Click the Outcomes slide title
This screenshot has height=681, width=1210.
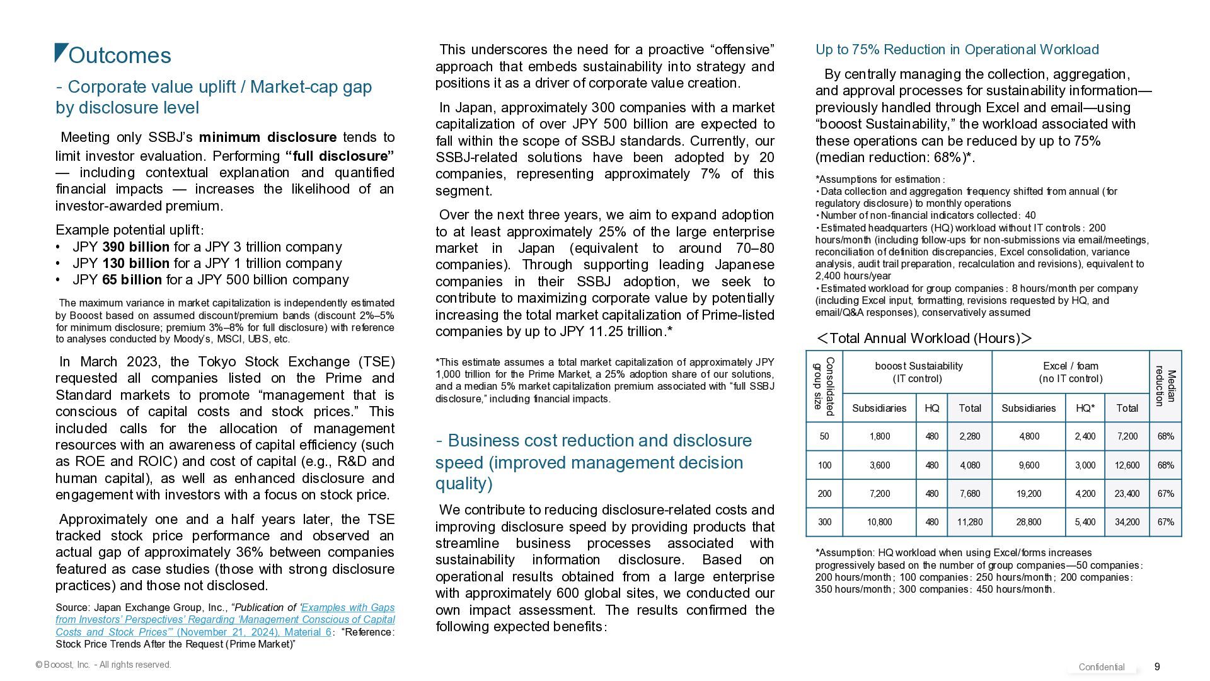click(120, 55)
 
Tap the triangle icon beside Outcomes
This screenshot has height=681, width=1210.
click(61, 52)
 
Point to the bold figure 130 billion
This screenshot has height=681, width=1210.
click(135, 263)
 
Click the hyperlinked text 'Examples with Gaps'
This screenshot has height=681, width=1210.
click(348, 607)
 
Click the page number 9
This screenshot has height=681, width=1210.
click(1157, 666)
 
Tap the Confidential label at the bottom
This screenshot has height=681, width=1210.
click(1101, 667)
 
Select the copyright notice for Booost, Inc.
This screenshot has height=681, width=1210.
click(103, 665)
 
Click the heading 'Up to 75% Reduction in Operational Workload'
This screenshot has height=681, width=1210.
click(957, 50)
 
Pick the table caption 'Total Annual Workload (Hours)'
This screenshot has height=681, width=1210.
click(924, 339)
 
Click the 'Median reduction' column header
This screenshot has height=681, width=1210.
click(1165, 387)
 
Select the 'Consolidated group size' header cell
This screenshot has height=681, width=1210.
click(824, 387)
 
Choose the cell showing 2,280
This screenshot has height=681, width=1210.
click(969, 436)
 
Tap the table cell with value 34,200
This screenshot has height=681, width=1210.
click(1127, 522)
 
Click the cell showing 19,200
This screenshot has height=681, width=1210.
click(1028, 494)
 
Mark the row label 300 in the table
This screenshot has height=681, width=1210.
click(824, 522)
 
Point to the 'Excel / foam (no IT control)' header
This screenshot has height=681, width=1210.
click(1070, 372)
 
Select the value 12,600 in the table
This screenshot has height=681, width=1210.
click(1127, 465)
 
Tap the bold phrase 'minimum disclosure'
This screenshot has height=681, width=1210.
click(267, 137)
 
